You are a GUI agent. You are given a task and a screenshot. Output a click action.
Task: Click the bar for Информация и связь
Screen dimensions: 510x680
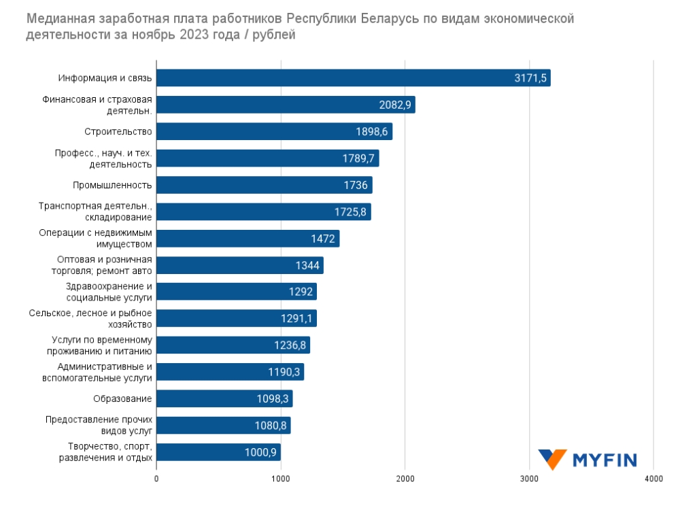[354, 78]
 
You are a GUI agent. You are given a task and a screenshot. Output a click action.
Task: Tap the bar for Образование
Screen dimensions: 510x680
[224, 398]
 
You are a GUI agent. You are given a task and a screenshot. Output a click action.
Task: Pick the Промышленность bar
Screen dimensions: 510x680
[265, 185]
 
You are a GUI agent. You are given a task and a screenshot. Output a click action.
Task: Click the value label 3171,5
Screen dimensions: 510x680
[530, 78]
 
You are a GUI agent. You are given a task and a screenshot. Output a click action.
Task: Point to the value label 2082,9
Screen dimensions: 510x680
[395, 105]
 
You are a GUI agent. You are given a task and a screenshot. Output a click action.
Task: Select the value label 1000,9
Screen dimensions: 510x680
[260, 452]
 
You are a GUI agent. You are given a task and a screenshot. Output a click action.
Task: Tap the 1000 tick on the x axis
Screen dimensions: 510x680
[281, 479]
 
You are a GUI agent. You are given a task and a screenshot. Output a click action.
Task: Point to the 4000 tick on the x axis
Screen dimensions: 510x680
[653, 479]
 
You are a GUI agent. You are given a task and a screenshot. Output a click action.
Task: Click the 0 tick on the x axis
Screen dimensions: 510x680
[157, 479]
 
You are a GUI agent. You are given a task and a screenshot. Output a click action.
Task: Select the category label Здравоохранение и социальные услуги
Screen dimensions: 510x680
[109, 292]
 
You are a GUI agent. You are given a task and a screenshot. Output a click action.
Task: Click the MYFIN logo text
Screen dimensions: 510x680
[605, 460]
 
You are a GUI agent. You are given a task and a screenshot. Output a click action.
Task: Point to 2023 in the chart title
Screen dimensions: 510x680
[200, 35]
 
